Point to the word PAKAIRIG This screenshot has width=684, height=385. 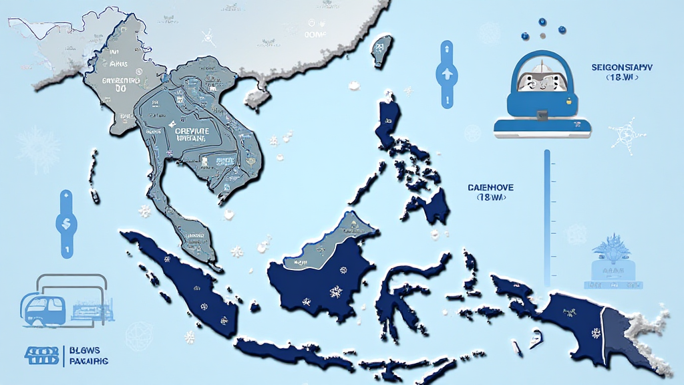(89, 361)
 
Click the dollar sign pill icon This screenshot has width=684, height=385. (67, 224)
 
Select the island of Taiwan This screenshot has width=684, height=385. (382, 51)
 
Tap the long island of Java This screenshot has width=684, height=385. (294, 356)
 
